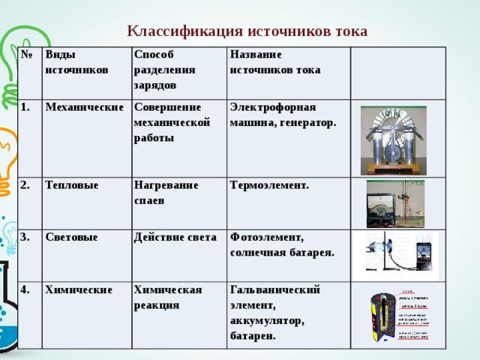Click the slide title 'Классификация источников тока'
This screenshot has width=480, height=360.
pos(247,31)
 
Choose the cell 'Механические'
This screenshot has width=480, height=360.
pos(84,107)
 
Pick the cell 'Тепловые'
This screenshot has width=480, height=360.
pos(72,184)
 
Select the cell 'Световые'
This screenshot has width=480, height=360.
pos(72,237)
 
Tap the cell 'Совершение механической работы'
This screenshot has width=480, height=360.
pos(172,122)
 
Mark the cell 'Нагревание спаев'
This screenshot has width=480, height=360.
pos(166,192)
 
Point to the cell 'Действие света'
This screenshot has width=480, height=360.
pos(175,237)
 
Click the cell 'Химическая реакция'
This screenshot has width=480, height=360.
pos(167,296)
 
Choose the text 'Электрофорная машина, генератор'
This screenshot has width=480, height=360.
pos(283,115)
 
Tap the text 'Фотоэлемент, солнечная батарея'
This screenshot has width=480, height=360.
pos(282,244)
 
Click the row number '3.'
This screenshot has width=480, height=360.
pos(25,237)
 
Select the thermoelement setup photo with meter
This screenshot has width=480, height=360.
pos(394,203)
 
